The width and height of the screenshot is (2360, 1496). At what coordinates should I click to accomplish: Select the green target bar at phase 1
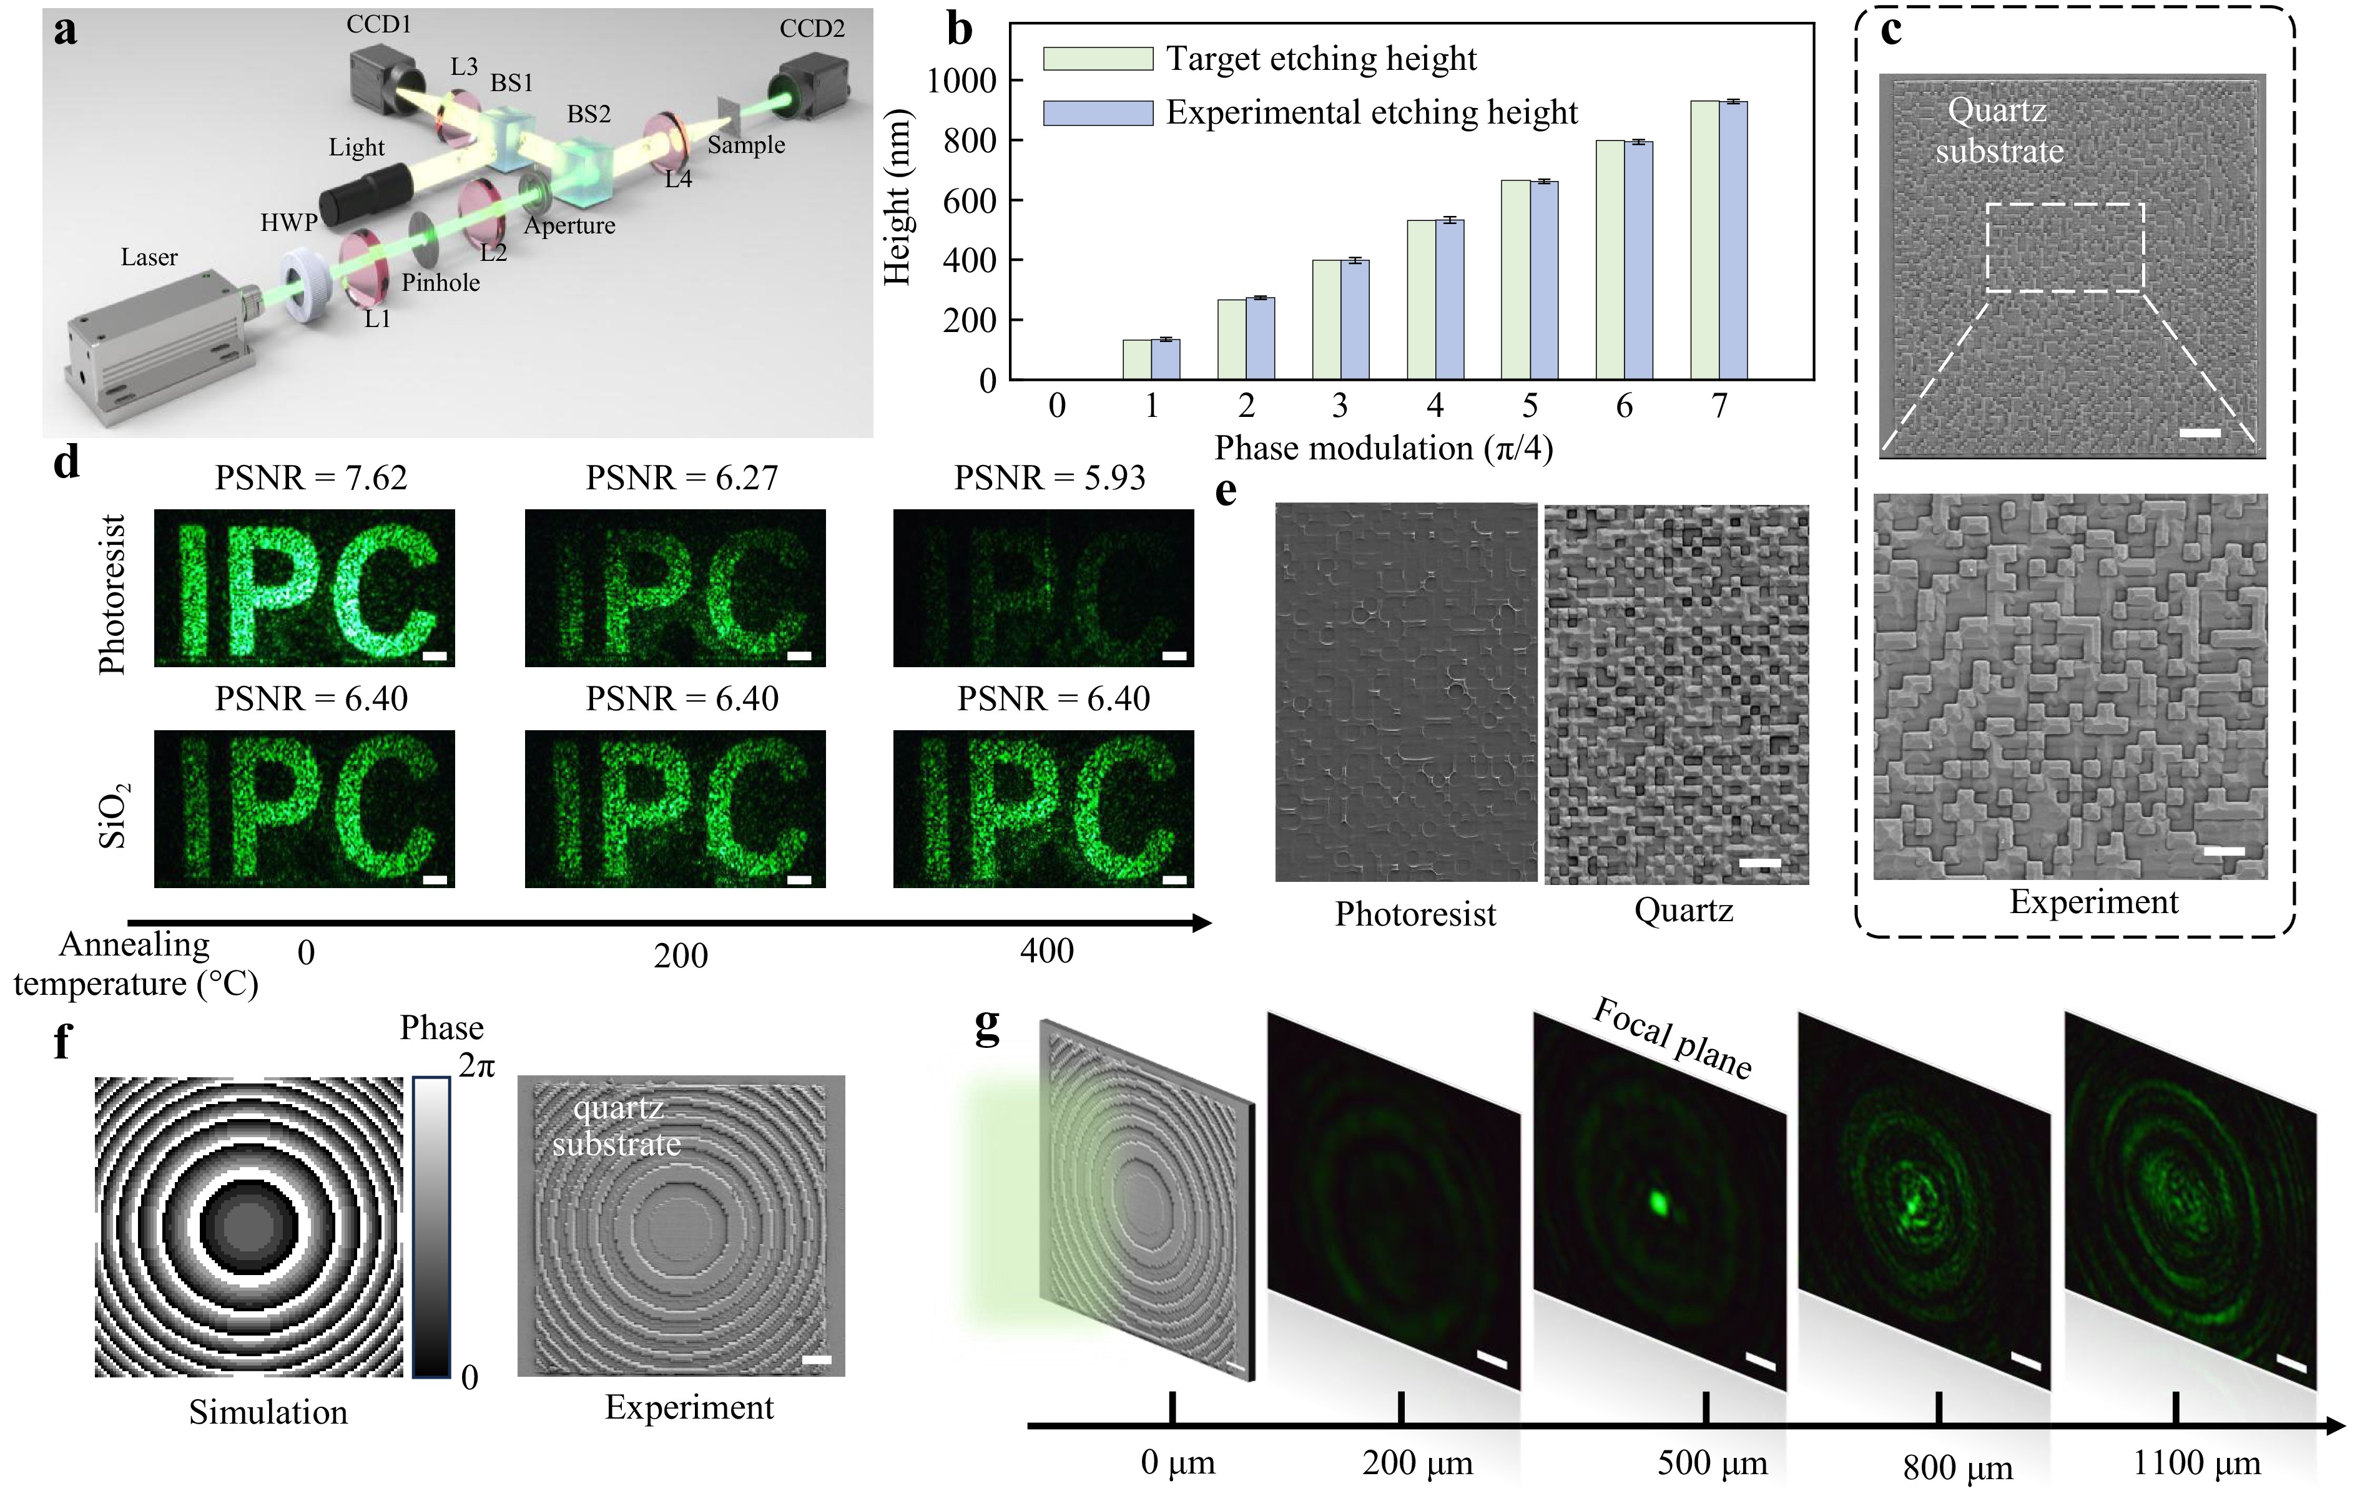(x=1137, y=359)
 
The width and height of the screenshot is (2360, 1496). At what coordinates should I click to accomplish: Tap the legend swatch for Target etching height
(x=1097, y=59)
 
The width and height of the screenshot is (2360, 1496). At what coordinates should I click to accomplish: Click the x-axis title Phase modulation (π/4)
(x=1384, y=447)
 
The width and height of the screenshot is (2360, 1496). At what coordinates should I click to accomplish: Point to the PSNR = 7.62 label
(x=311, y=478)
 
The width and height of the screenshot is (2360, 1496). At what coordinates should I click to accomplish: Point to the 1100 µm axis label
(x=2196, y=1464)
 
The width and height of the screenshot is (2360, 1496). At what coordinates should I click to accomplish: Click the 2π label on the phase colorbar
(x=477, y=1065)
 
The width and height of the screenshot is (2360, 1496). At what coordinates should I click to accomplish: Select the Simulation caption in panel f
(x=268, y=1412)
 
